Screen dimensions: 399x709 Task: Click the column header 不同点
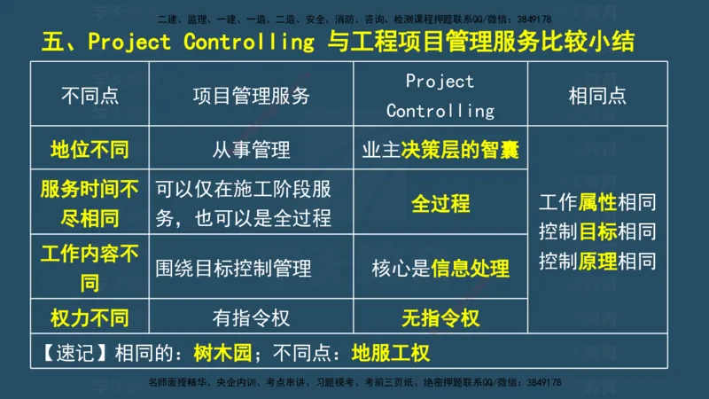tap(90, 96)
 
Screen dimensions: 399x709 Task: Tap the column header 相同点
tap(597, 96)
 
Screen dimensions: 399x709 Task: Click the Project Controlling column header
tap(440, 96)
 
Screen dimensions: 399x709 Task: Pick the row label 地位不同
tap(90, 150)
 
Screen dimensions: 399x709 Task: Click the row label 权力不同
tap(90, 317)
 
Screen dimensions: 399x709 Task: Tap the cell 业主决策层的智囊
tap(440, 150)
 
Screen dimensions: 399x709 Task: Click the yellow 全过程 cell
tap(440, 204)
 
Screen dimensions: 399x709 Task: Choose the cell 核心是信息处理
tap(440, 269)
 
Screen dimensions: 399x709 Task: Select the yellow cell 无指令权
tap(440, 317)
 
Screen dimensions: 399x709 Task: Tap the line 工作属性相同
tap(597, 203)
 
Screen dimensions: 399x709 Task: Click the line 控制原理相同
tap(597, 262)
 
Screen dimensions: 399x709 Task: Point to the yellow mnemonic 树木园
tap(222, 352)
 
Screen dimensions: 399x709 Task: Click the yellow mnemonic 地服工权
tap(390, 352)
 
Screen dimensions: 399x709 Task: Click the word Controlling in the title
tap(253, 42)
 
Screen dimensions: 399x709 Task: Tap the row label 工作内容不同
tap(90, 269)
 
